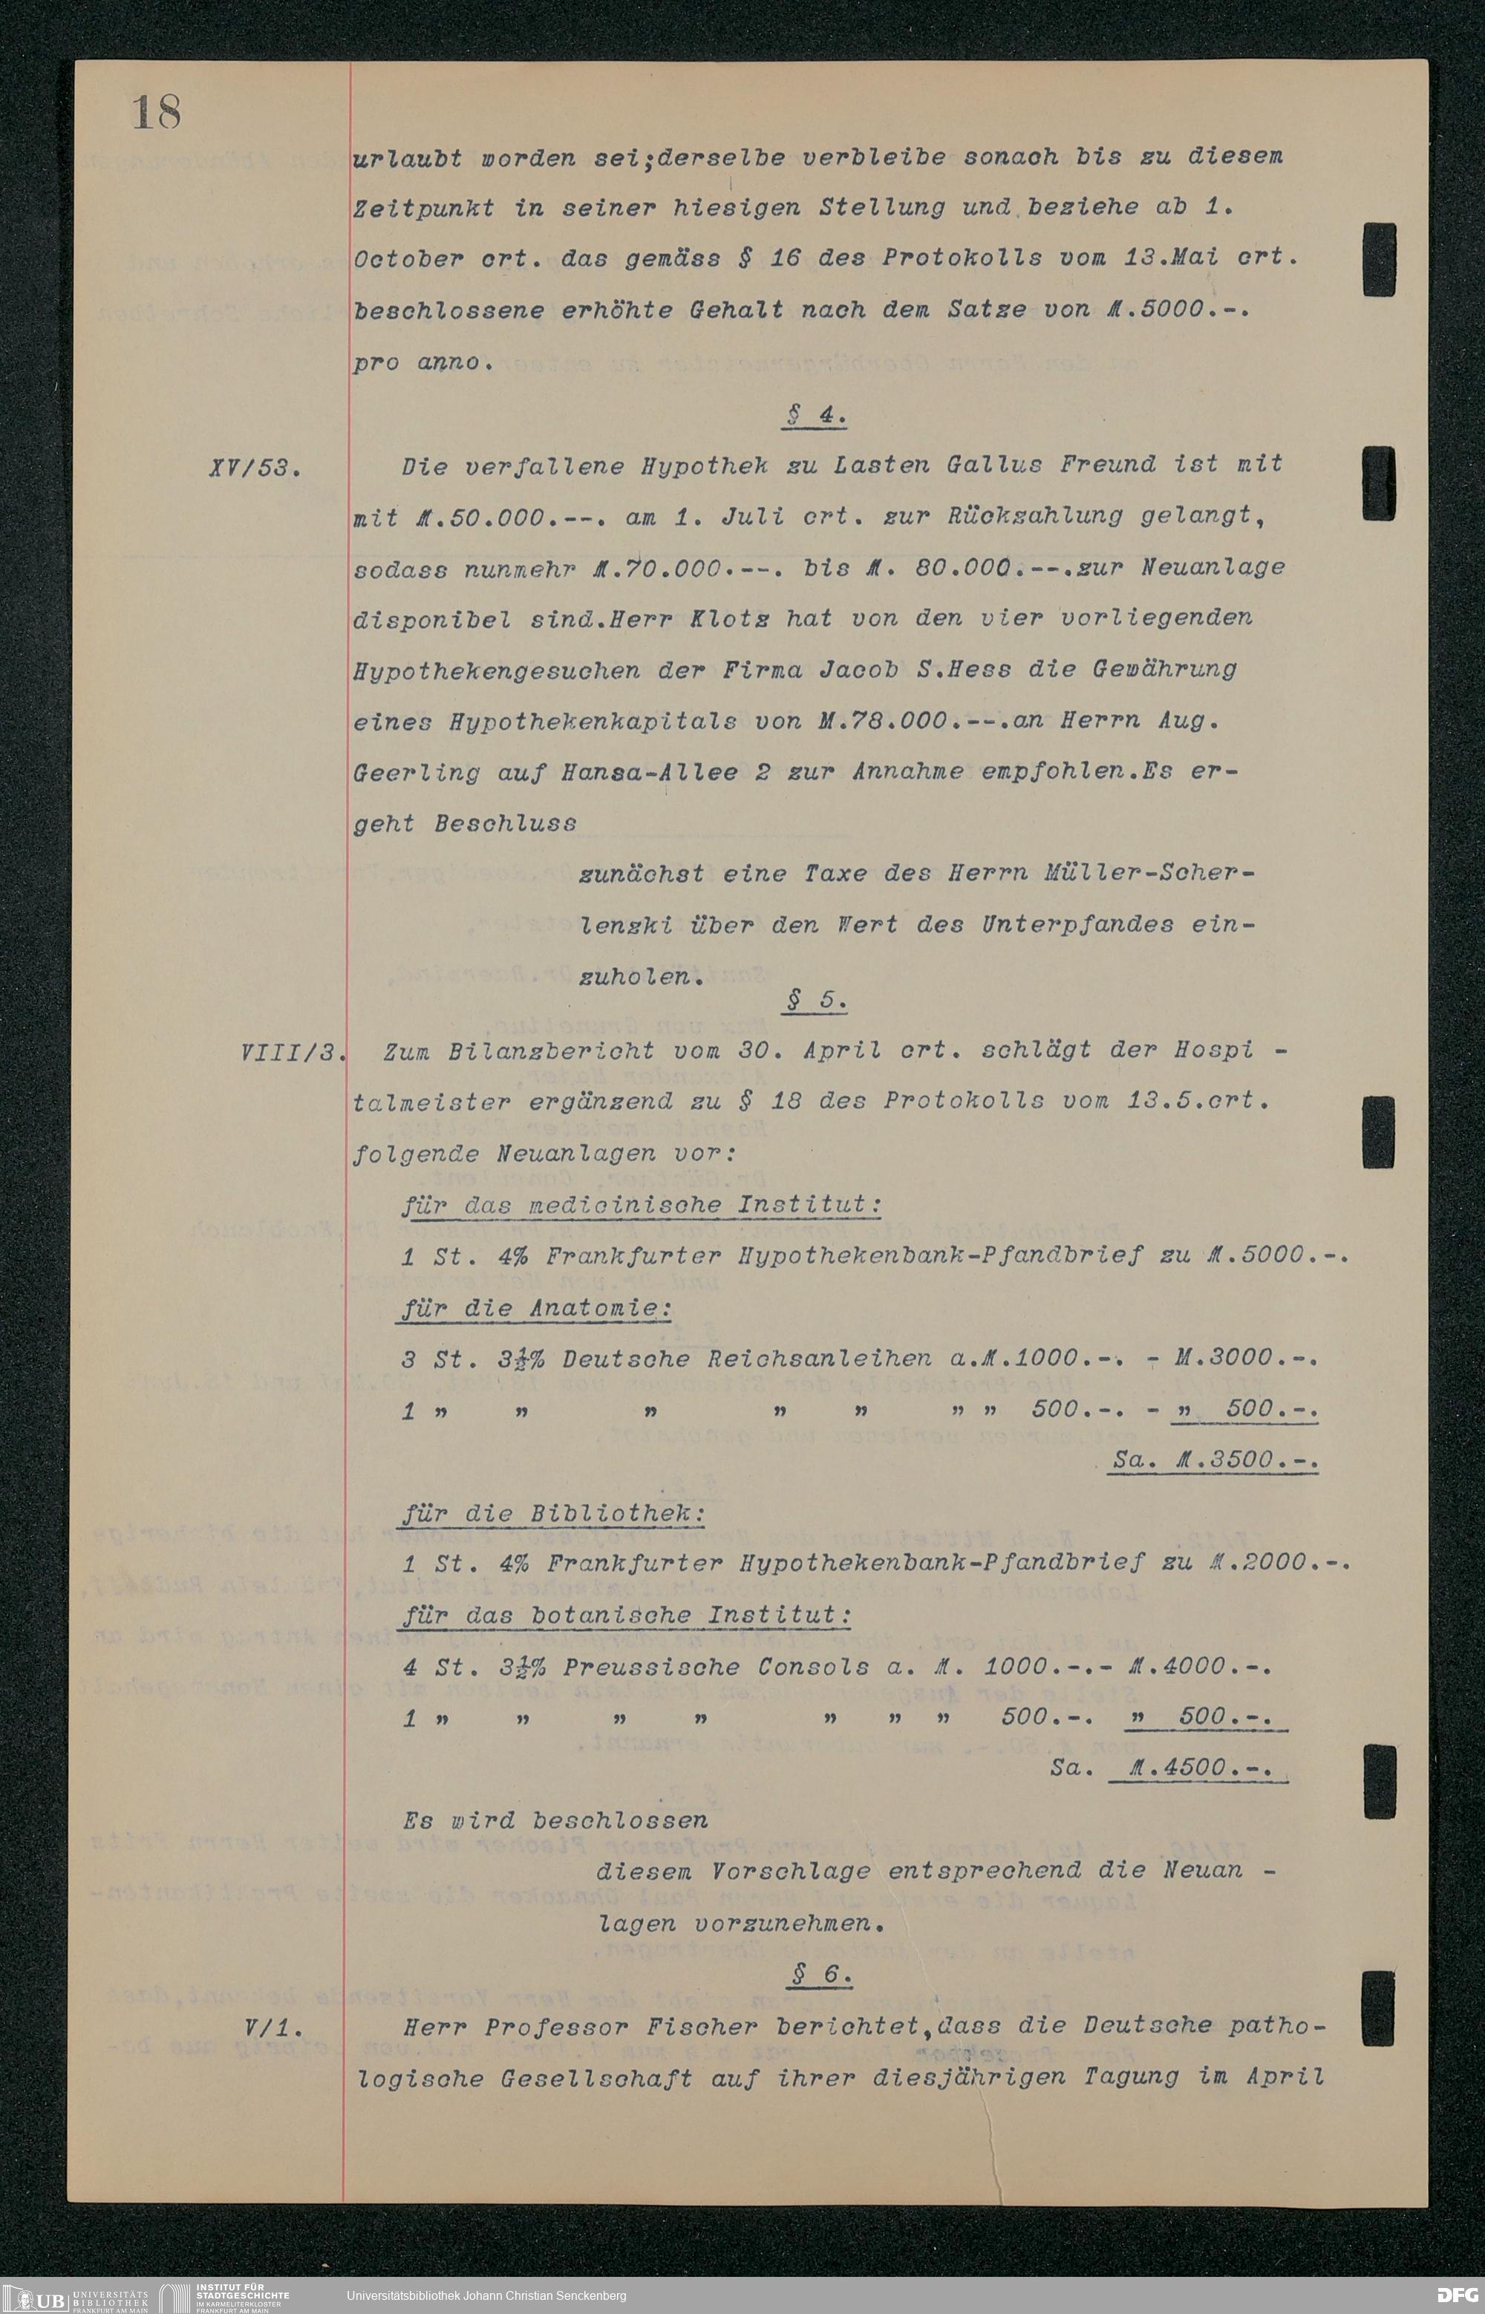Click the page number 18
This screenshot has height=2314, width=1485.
[156, 112]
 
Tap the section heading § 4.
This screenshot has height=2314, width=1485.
[816, 416]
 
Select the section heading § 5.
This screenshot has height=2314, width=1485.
[816, 1001]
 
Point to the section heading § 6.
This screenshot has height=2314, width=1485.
[820, 1975]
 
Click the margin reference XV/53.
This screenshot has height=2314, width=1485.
[254, 469]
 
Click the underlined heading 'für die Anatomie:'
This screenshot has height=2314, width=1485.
[536, 1308]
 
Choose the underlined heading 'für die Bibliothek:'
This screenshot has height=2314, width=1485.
[552, 1513]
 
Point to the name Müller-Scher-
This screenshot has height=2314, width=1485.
[1149, 874]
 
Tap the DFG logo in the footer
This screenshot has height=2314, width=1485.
[1456, 2295]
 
